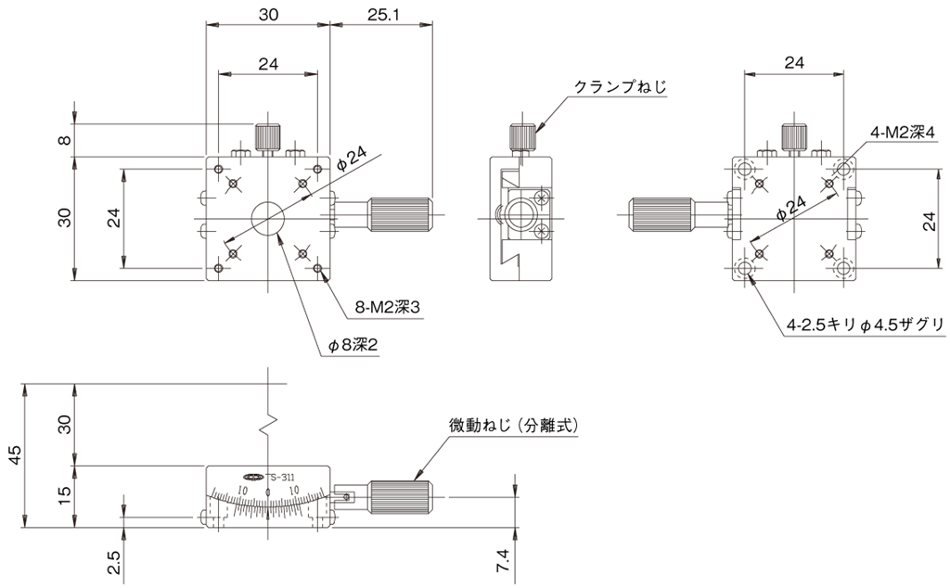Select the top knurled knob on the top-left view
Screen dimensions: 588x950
268,137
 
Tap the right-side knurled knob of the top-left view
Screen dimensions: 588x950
400,216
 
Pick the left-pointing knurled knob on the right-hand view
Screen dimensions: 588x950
661,216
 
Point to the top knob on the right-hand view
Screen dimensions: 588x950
794,136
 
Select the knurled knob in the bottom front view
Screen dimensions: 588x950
400,497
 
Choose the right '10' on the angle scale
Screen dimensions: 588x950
294,490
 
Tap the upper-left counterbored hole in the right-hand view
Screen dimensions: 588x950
744,169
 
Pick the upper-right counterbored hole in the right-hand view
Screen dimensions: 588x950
843,169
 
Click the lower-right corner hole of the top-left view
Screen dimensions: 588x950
318,269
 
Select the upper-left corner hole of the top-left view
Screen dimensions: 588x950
218,169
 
